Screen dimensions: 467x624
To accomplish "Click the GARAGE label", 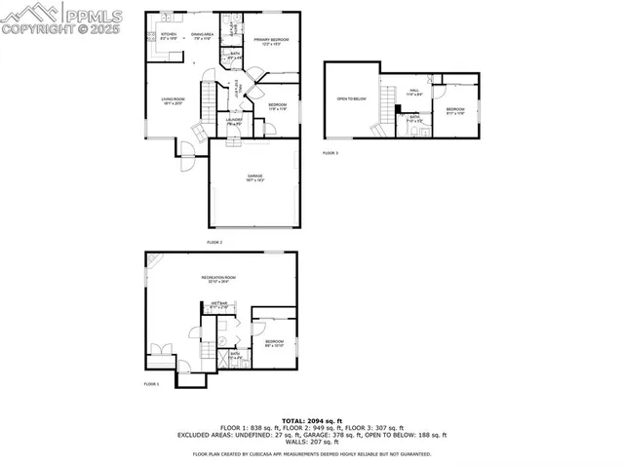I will tap(253, 176).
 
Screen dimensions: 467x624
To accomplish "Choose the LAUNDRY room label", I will tap(235, 122).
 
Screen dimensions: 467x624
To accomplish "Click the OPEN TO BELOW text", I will tap(351, 98).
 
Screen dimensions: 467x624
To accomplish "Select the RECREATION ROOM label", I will tap(219, 280).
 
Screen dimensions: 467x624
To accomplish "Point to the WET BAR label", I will tap(219, 305).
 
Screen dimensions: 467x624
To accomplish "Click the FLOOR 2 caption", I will tap(214, 242).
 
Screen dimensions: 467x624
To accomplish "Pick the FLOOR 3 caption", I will tap(331, 153).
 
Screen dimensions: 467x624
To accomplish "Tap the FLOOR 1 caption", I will tap(151, 384).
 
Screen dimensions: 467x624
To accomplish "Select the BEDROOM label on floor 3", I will tap(455, 110).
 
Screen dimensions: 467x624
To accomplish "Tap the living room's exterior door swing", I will tap(181, 148).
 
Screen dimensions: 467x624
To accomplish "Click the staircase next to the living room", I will tap(207, 99).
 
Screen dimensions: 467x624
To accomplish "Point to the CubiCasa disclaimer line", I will tap(311, 453).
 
